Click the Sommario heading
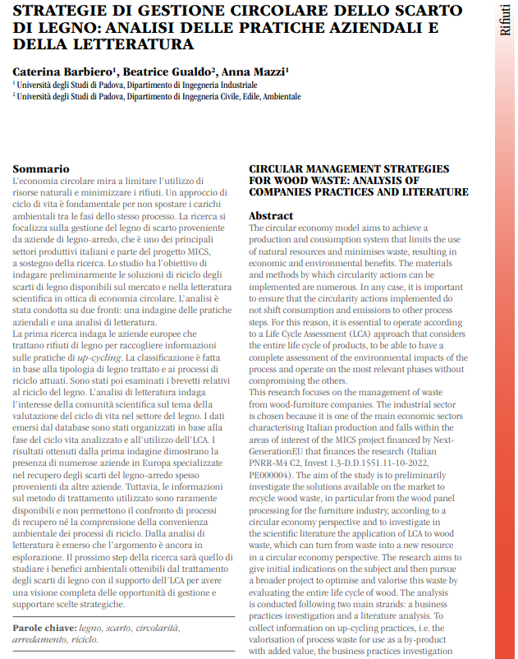click(41, 167)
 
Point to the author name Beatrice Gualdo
click(165, 71)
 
